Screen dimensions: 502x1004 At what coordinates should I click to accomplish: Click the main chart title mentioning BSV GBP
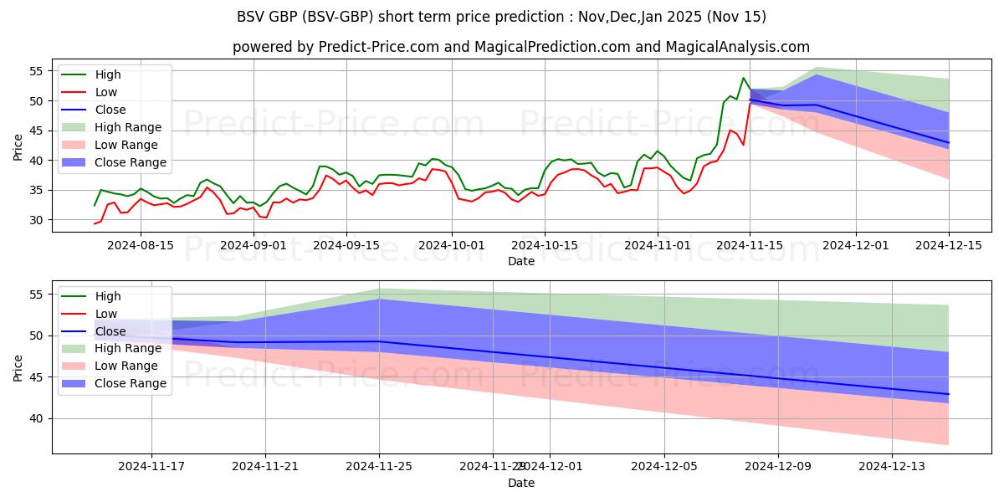point(501,17)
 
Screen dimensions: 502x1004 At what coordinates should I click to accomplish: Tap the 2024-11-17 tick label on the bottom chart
point(151,466)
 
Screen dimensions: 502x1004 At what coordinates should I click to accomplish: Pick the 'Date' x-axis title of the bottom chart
point(520,483)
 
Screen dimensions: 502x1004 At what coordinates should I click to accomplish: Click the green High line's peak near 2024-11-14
point(743,78)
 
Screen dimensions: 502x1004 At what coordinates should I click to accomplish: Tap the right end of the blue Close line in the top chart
point(949,143)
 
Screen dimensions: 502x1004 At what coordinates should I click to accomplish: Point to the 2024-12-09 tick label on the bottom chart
point(777,466)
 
